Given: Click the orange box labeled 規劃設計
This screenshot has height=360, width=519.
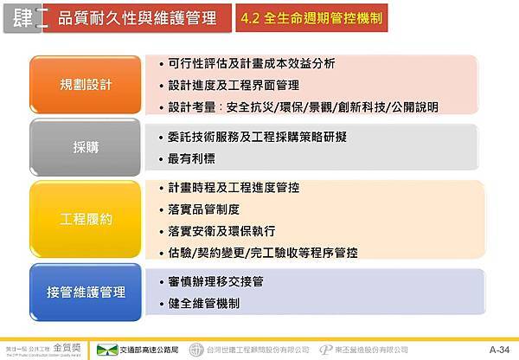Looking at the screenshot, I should pyautogui.click(x=86, y=85).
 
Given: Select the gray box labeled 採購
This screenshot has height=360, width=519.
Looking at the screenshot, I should pyautogui.click(x=86, y=147).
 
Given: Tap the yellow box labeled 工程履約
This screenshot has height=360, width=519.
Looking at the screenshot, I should pyautogui.click(x=86, y=219).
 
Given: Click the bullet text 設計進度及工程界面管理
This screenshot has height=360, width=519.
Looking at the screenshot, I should pyautogui.click(x=234, y=85).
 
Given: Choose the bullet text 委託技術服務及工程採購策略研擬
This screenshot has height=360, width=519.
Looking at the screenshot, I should pyautogui.click(x=258, y=137).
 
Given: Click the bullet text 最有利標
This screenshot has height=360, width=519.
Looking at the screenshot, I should pyautogui.click(x=192, y=158).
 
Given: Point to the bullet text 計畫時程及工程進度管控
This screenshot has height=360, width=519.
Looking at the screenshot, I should pyautogui.click(x=234, y=188).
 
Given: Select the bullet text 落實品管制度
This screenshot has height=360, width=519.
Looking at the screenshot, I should pyautogui.click(x=204, y=209).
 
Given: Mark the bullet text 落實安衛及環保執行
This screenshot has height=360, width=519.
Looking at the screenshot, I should pyautogui.click(x=222, y=231).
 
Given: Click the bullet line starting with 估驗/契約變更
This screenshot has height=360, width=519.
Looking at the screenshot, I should pyautogui.click(x=263, y=253).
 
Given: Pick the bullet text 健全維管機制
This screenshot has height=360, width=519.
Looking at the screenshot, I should pyautogui.click(x=204, y=304).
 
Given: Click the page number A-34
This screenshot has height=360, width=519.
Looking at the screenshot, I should pyautogui.click(x=499, y=350).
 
